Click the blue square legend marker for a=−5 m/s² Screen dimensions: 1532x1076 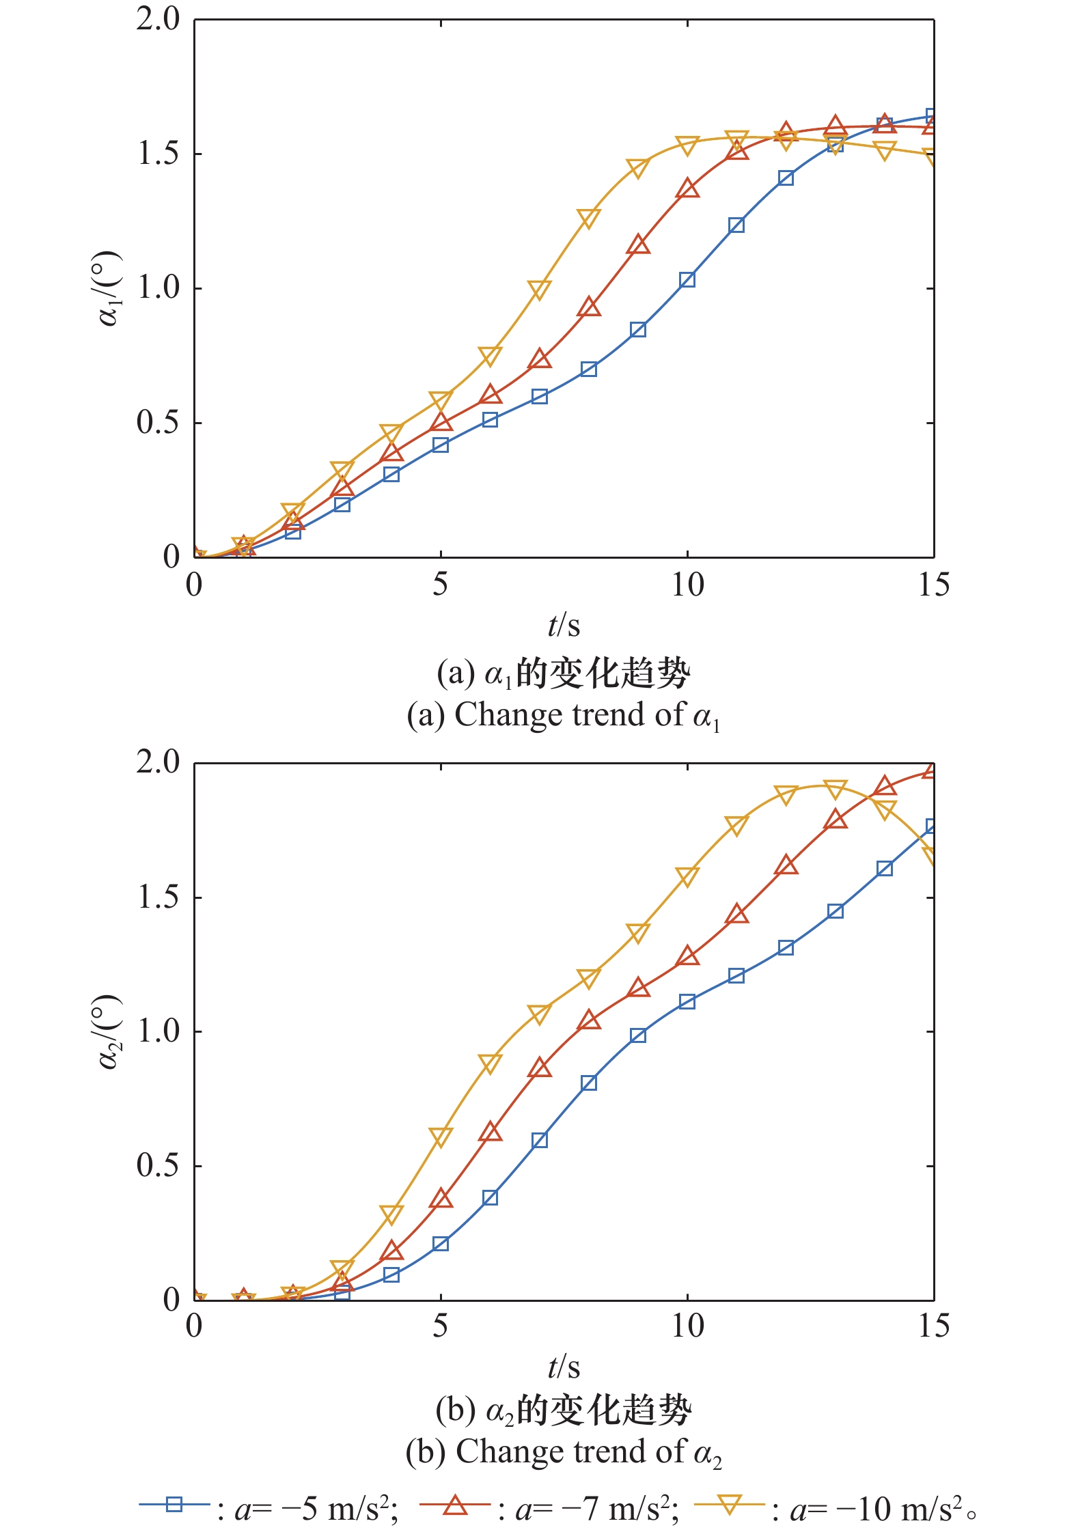click(174, 1505)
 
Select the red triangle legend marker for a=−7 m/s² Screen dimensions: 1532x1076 click(455, 1505)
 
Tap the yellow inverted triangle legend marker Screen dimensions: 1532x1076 click(729, 1505)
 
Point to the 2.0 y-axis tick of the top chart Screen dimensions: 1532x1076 click(157, 19)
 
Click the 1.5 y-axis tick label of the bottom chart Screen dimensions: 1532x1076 click(157, 897)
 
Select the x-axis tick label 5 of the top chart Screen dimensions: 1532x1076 click(441, 585)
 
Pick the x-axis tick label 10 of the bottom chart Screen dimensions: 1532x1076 click(687, 1326)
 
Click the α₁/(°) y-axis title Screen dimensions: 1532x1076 click(109, 288)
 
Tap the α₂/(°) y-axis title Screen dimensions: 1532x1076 click(109, 1031)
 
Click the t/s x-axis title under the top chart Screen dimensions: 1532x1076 click(564, 625)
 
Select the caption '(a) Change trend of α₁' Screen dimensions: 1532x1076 click(564, 715)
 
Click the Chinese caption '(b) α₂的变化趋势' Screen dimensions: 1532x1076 click(564, 1410)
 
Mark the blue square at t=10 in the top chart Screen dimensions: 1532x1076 click(687, 280)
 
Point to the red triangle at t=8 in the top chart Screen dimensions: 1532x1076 click(589, 308)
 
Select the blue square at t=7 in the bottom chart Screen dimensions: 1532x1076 click(539, 1140)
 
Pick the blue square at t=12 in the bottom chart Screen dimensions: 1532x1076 click(786, 948)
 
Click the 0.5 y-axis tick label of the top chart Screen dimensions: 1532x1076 click(157, 423)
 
